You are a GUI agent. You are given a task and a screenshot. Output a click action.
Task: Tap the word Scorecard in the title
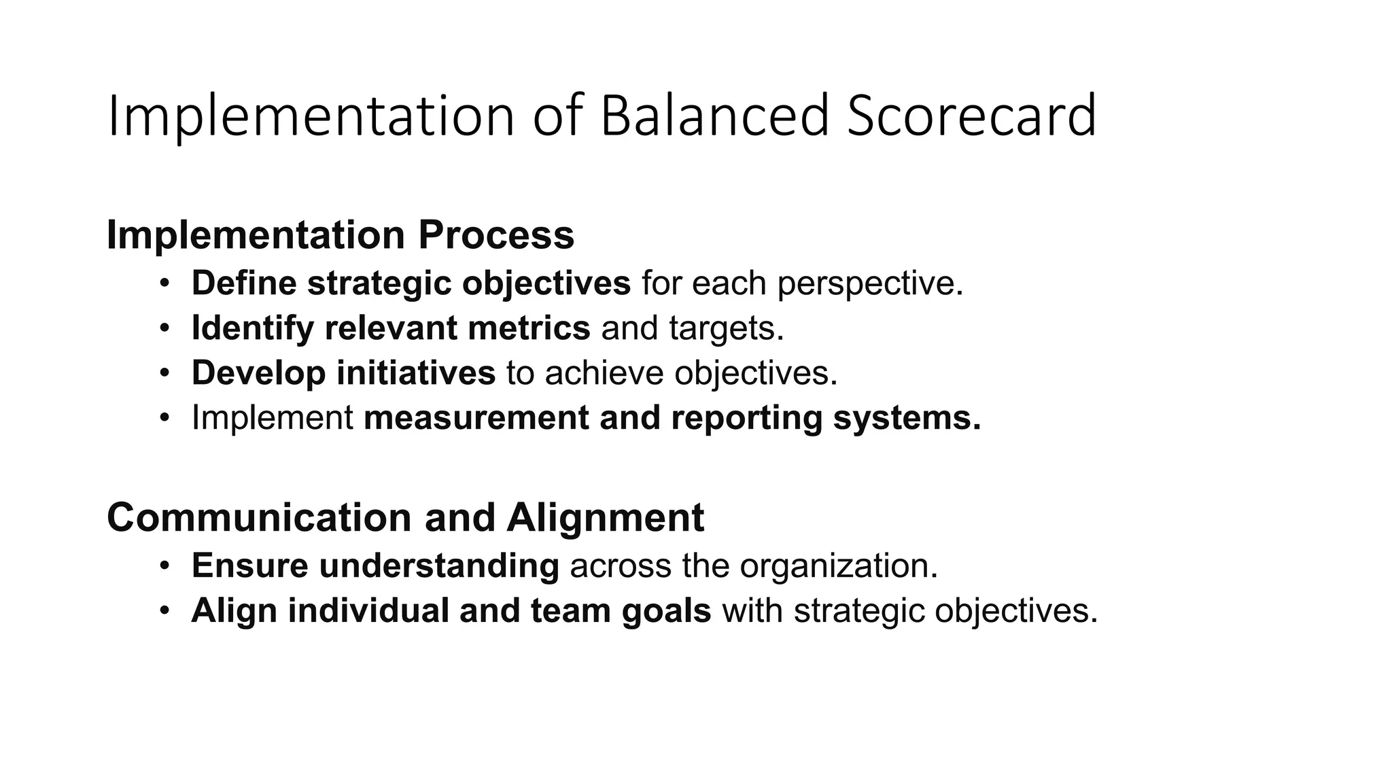coord(971,116)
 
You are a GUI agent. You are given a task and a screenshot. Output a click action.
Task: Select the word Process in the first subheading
coord(496,234)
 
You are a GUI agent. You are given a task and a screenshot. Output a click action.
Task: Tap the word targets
coord(726,329)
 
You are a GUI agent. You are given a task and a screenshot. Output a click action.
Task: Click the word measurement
coord(476,417)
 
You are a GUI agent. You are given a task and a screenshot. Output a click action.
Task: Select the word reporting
coord(746,418)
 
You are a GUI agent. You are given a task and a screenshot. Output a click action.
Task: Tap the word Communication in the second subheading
coord(259,517)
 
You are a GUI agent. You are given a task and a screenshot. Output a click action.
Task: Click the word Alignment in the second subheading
coord(605,518)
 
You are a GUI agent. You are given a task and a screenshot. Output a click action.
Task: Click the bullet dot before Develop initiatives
coord(164,373)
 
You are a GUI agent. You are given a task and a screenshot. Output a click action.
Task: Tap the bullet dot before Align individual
coord(164,610)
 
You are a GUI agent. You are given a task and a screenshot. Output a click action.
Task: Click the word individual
coord(368,610)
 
